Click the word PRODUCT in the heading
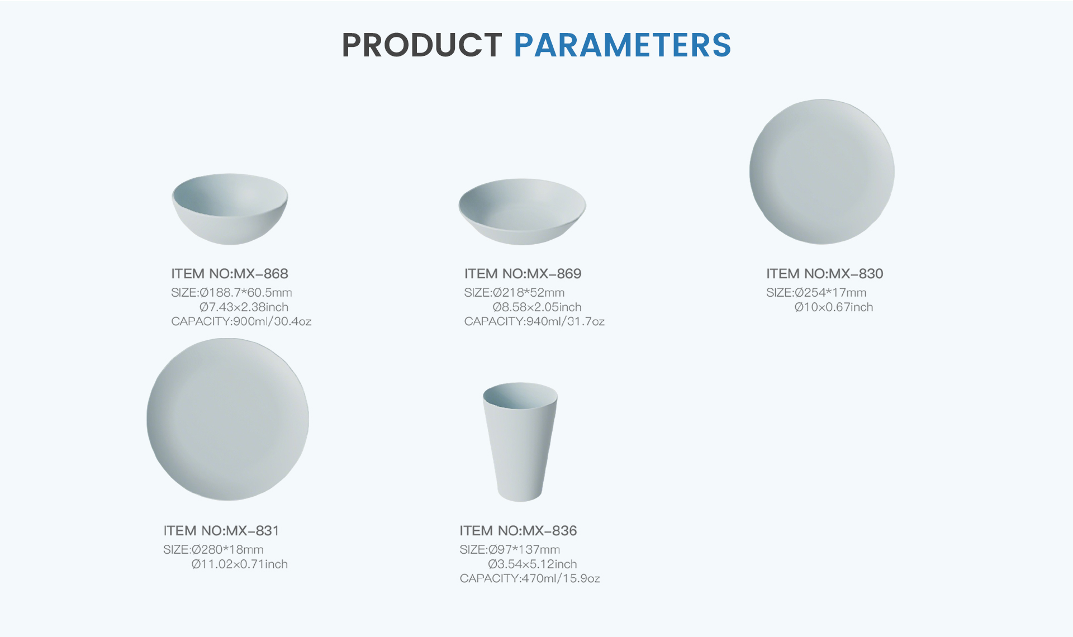click(422, 45)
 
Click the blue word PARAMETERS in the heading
click(623, 45)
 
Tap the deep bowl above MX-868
click(230, 209)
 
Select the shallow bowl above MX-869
click(523, 211)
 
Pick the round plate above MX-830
click(822, 172)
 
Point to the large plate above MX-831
click(228, 419)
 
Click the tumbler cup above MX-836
click(520, 441)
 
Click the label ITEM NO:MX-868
click(230, 274)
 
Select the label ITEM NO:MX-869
click(523, 274)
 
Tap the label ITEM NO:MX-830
click(825, 274)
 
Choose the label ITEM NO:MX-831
click(221, 531)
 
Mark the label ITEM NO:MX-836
click(518, 531)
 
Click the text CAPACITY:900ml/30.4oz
click(241, 321)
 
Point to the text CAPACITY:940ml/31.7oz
click(534, 321)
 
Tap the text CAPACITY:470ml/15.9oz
click(530, 578)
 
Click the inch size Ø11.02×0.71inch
click(240, 564)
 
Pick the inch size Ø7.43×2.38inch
click(244, 307)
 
